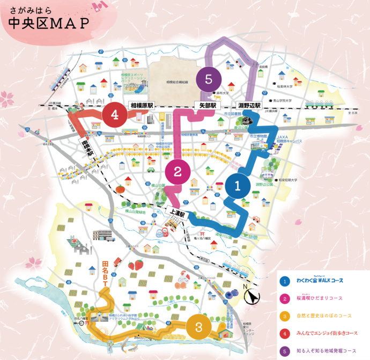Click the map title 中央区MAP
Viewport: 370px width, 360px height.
[x=48, y=24]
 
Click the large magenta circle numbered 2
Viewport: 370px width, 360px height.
[x=177, y=173]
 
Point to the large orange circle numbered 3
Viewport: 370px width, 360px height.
[x=199, y=326]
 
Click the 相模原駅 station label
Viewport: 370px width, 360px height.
[x=141, y=106]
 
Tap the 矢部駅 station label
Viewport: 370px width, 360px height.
[x=205, y=106]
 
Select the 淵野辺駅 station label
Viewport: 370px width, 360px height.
[x=249, y=106]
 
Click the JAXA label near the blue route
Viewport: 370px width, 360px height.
[x=283, y=138]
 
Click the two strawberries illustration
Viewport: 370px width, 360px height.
[x=136, y=264]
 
